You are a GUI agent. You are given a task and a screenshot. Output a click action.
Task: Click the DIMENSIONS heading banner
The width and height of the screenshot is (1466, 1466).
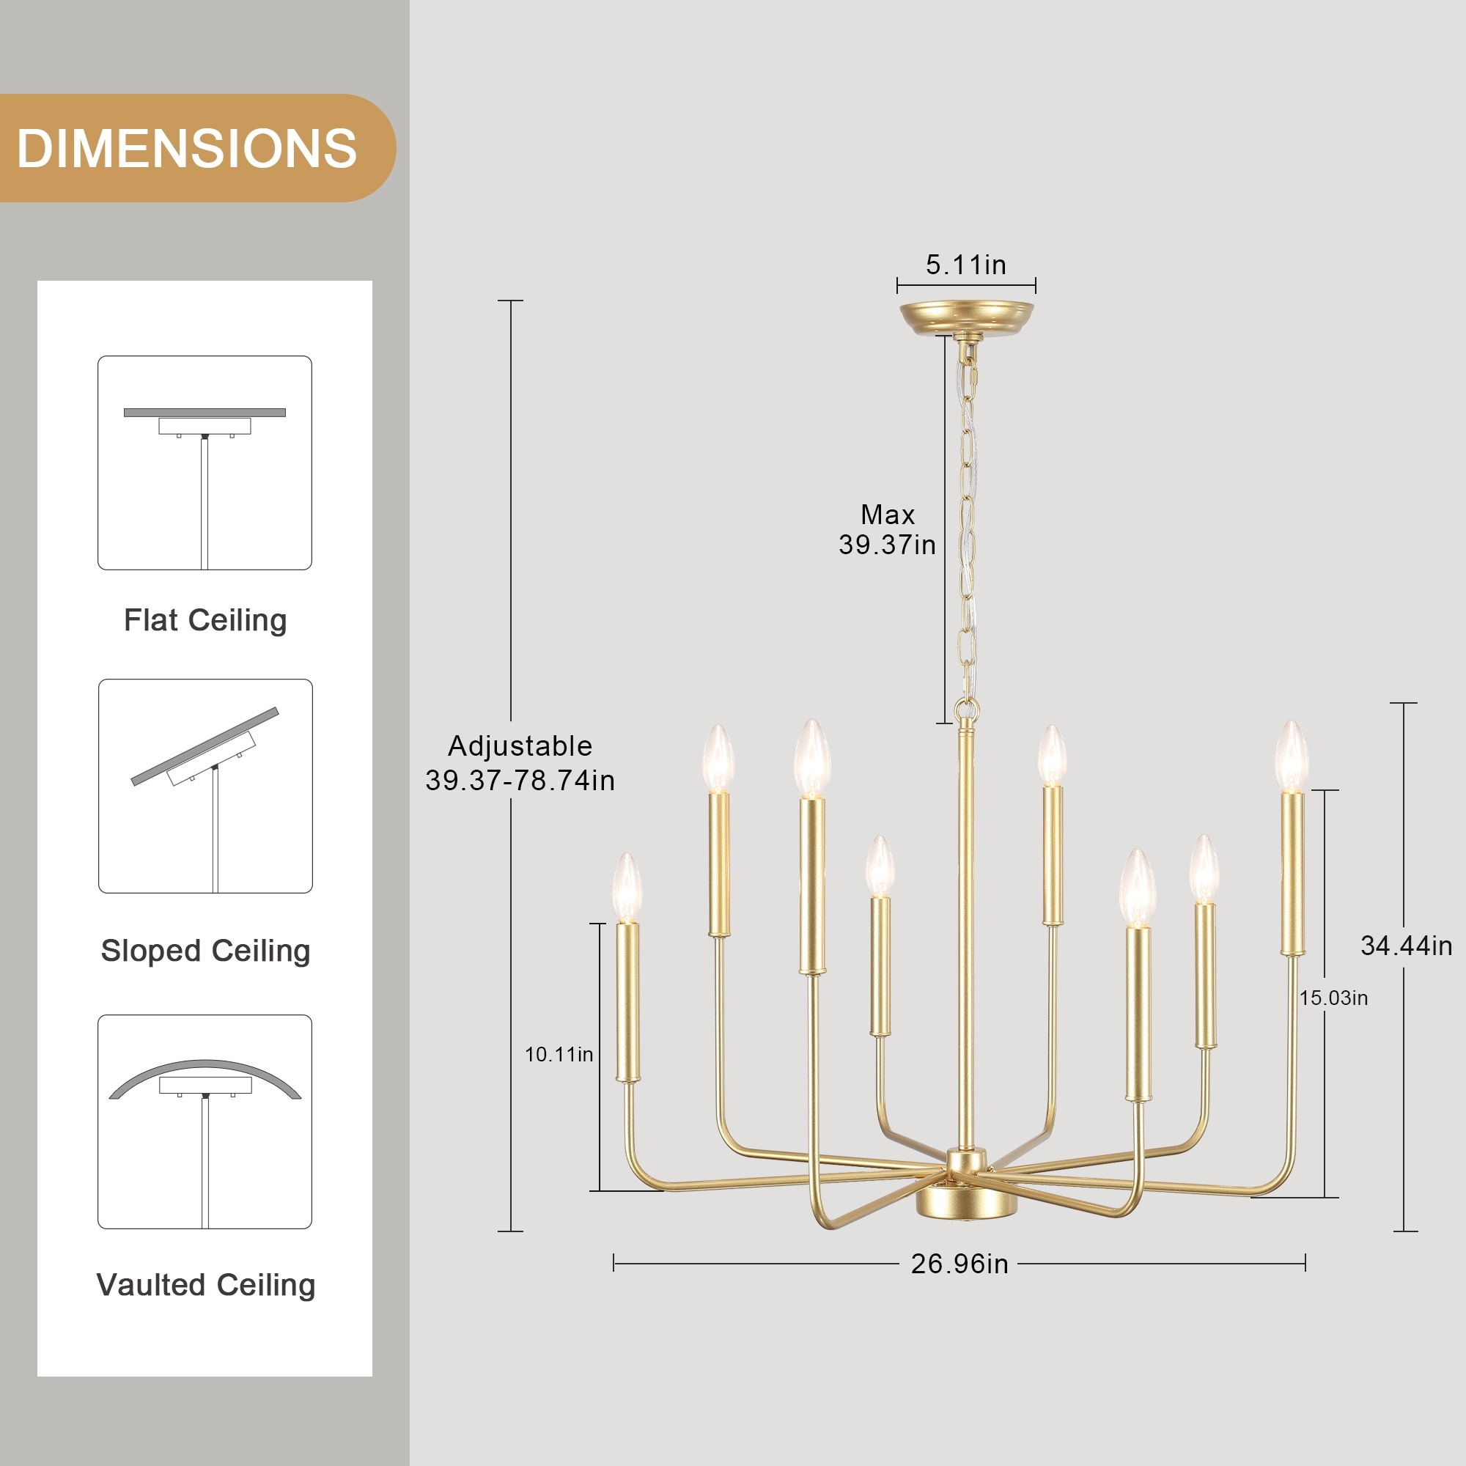pos(197,148)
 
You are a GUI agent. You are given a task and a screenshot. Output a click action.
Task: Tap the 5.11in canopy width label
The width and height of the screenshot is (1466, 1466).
pos(966,265)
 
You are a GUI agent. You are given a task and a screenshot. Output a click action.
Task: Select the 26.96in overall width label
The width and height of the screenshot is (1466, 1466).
pos(960,1264)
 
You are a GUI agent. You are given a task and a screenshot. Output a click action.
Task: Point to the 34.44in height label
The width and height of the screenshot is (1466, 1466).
pos(1406,946)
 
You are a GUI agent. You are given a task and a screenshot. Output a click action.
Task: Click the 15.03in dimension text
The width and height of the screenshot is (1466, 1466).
pos(1333,998)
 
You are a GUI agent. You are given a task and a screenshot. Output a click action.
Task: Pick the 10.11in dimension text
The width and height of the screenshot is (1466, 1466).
pos(559,1054)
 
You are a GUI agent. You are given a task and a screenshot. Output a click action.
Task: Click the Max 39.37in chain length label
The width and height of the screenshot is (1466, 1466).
pos(887,530)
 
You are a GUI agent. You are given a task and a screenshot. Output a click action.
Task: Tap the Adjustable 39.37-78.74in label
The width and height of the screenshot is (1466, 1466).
pos(520,762)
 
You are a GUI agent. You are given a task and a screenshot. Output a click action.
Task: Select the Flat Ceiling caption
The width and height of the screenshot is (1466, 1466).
pos(205,620)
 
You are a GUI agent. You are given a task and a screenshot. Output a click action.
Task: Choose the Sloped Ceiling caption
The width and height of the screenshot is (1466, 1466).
pos(206,951)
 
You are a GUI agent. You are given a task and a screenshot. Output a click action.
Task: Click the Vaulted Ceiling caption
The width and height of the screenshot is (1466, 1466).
pos(206,1285)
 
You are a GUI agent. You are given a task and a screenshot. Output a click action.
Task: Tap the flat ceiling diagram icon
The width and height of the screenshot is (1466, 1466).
pos(205,463)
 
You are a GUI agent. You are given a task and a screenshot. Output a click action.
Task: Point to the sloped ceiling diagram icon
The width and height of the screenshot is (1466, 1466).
pos(206,786)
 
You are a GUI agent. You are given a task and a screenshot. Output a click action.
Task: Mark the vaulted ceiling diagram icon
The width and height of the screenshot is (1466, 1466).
pos(205,1121)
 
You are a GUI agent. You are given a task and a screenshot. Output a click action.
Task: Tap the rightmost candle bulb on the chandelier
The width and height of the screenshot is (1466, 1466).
pos(1292,756)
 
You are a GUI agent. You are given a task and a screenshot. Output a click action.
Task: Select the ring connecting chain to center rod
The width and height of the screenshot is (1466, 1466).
pos(967,711)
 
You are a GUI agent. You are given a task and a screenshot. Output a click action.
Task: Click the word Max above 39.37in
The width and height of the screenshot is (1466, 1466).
pos(887,515)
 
